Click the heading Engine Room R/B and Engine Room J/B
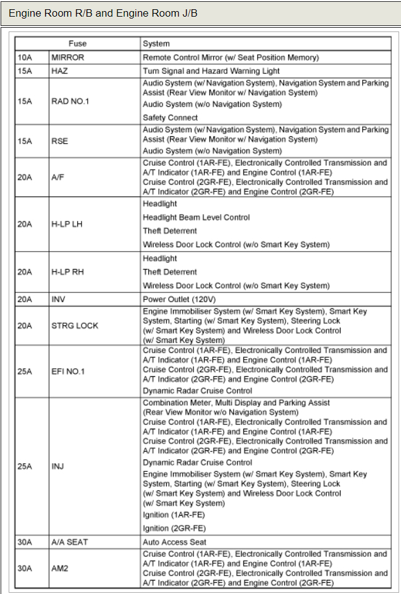[x=103, y=13]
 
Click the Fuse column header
[x=77, y=44]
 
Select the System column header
[x=156, y=44]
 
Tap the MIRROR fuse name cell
[x=67, y=57]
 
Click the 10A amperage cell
[x=24, y=57]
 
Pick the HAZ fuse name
[x=59, y=71]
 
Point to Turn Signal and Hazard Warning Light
[x=211, y=71]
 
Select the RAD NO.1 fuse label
[x=70, y=101]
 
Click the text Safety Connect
[x=170, y=117]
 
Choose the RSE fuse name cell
[x=59, y=141]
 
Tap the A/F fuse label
[x=57, y=177]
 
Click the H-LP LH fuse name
[x=67, y=224]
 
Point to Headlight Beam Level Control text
[x=196, y=217]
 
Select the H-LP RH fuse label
[x=67, y=272]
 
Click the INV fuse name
[x=58, y=299]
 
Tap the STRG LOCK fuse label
[x=74, y=326]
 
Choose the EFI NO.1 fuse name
[x=68, y=372]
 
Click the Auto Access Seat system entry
[x=174, y=542]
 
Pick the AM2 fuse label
[x=60, y=568]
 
